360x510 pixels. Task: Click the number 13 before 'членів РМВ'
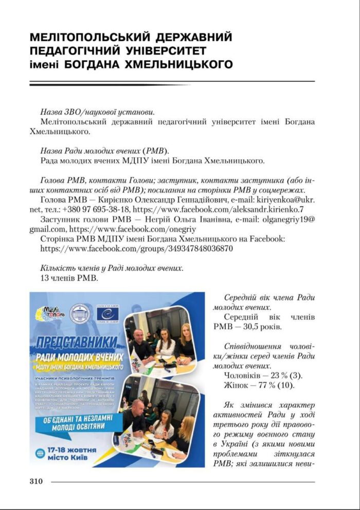click(44, 278)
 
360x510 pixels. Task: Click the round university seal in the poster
click(79, 313)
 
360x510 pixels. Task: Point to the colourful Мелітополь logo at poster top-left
click(50, 312)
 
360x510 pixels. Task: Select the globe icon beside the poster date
click(40, 453)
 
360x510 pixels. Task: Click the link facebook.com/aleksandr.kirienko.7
click(222, 209)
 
